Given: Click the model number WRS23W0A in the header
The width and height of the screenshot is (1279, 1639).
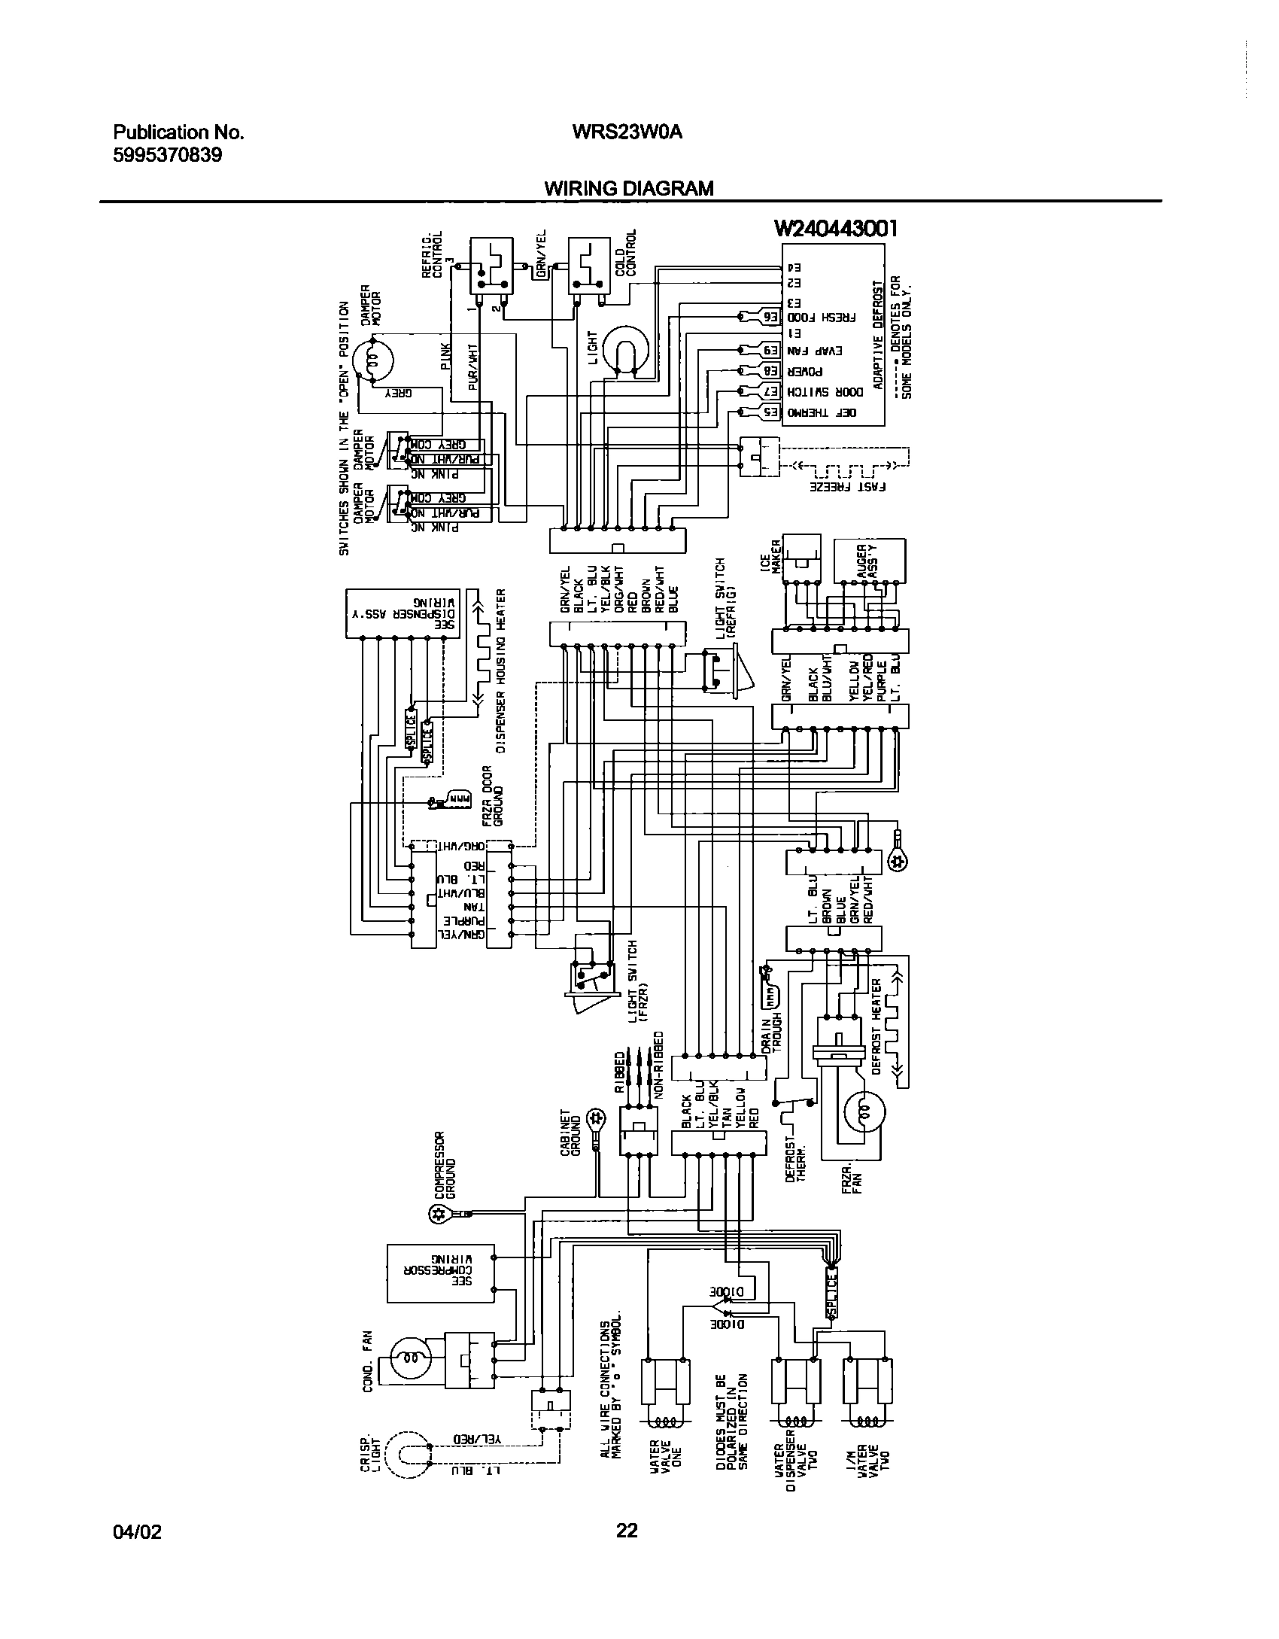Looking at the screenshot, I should (627, 132).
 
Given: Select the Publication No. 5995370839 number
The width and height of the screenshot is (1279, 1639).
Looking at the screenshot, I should (167, 156).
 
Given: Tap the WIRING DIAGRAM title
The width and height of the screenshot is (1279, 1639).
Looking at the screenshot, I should (628, 188).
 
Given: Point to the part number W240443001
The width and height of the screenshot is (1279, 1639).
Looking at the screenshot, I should (836, 229).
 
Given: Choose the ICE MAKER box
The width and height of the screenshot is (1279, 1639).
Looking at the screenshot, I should (802, 559).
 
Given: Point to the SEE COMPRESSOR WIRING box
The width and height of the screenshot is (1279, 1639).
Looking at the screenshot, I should (440, 1273).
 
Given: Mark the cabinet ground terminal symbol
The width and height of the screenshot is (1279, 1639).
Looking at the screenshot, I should (594, 1116).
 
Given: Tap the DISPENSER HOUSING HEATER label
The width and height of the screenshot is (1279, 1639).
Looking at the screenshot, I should (500, 670).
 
